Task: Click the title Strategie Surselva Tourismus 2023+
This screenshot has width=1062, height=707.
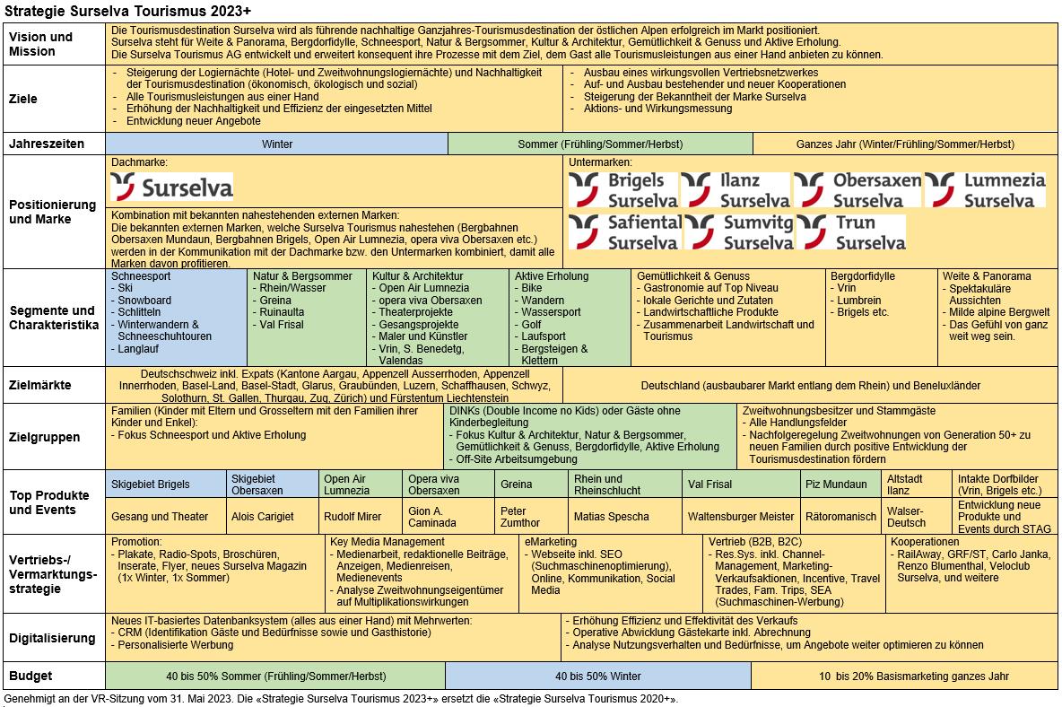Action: click(x=128, y=10)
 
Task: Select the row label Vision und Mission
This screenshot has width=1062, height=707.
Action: click(x=40, y=44)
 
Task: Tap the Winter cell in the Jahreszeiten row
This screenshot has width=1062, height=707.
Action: click(x=277, y=144)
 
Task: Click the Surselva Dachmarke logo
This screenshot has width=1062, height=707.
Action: click(x=171, y=187)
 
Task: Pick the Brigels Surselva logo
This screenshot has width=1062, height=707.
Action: click(x=622, y=189)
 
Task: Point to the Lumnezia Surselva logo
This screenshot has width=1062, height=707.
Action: click(x=986, y=189)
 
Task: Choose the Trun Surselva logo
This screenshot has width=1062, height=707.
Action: click(x=851, y=231)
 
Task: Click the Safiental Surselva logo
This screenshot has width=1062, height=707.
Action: click(x=624, y=231)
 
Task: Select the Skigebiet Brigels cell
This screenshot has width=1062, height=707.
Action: click(x=151, y=484)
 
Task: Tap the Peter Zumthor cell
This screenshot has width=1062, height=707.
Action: click(x=520, y=516)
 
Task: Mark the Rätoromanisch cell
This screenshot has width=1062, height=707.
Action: click(x=840, y=516)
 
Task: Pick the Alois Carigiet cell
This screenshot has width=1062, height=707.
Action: click(x=262, y=516)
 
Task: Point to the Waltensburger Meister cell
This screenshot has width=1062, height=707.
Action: click(x=741, y=516)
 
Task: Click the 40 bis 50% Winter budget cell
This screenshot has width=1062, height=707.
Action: click(x=598, y=676)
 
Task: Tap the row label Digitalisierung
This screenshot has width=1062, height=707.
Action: click(x=52, y=638)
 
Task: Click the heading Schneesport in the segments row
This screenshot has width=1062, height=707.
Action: click(x=140, y=276)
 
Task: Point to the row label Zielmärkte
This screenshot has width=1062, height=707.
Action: click(x=40, y=385)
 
